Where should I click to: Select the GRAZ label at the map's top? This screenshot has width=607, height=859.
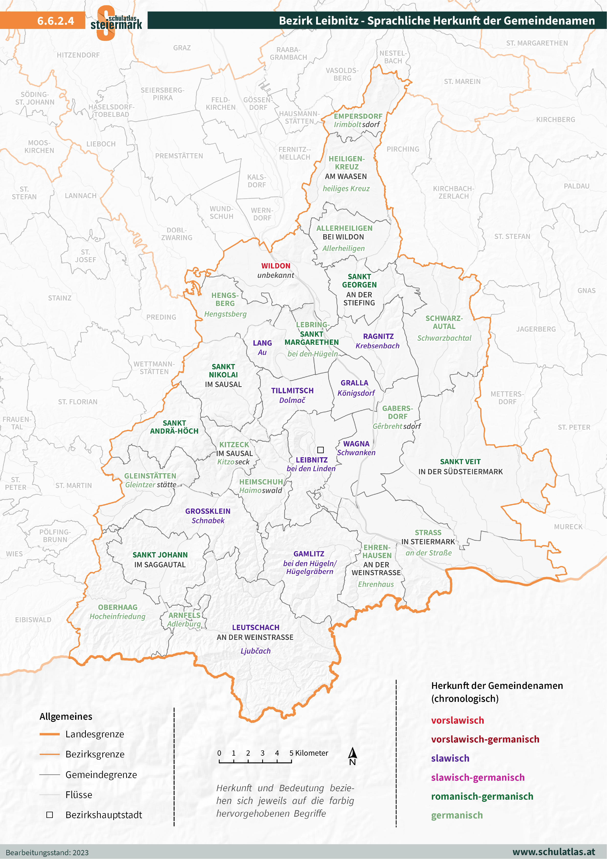coord(182,48)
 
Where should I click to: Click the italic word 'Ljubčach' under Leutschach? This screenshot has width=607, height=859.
coord(255,651)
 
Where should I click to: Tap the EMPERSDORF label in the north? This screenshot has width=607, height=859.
coord(358,116)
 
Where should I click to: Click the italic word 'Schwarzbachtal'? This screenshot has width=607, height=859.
coord(444,338)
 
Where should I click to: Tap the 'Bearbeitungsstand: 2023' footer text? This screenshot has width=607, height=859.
coord(47,853)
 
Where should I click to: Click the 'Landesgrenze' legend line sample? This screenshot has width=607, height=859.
coord(49,734)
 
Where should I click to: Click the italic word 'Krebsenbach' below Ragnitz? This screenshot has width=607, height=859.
coord(377,346)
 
